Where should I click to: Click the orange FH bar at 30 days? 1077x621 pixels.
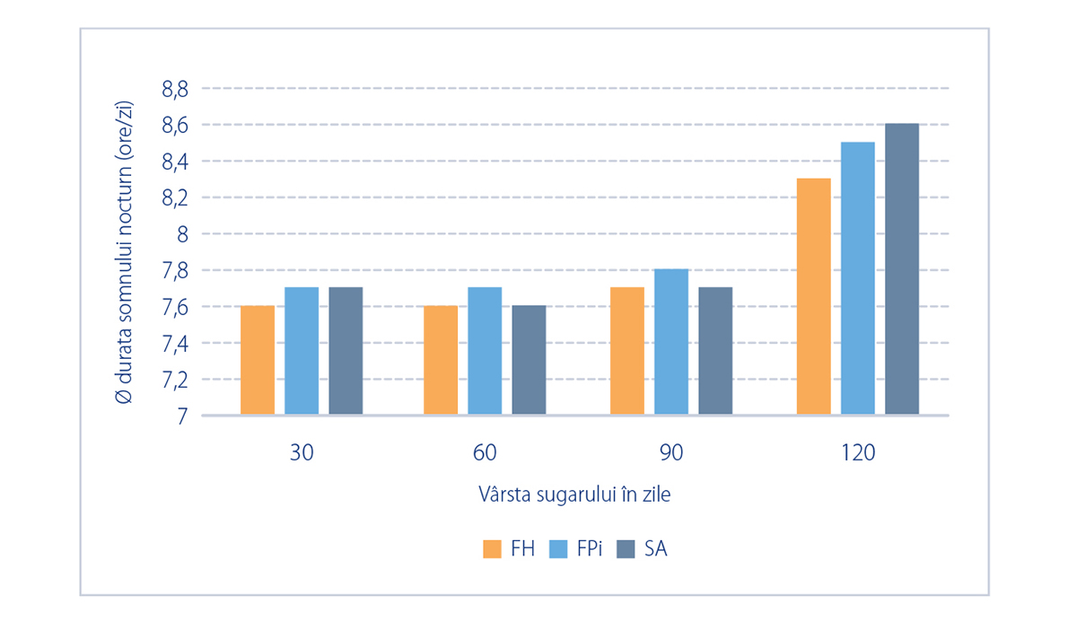(258, 360)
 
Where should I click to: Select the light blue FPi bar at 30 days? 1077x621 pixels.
(302, 350)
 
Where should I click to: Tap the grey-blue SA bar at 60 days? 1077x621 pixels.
(529, 360)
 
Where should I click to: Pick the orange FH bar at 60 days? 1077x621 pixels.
(441, 360)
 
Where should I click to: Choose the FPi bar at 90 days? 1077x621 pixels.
(671, 341)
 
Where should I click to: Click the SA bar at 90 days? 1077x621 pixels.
(715, 350)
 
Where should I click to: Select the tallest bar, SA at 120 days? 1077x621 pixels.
(902, 268)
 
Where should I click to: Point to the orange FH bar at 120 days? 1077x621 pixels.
(813, 296)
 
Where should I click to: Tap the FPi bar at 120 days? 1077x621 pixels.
(858, 278)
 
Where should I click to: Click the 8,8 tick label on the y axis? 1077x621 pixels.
(175, 90)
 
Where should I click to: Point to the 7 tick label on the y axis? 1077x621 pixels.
(182, 416)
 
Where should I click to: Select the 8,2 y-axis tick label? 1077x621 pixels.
(175, 198)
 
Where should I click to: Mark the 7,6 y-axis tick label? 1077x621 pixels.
(175, 308)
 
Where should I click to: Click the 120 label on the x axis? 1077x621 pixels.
(858, 453)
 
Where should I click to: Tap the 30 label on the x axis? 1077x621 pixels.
(302, 453)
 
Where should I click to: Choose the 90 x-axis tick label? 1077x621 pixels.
(671, 453)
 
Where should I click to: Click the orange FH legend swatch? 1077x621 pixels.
(492, 549)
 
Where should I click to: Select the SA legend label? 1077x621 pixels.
(656, 549)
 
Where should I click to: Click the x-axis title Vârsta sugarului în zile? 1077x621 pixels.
(574, 494)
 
